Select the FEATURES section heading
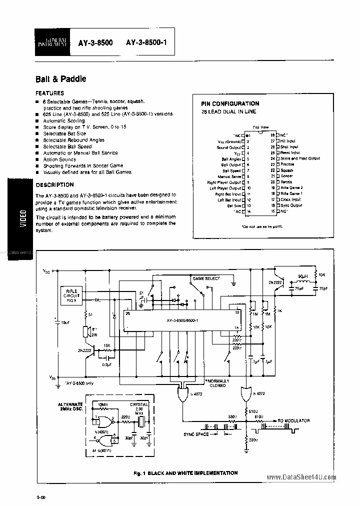[49, 93]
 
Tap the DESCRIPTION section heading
[54, 184]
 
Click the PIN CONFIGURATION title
[229, 103]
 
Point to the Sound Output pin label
[229, 147]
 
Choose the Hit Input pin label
[287, 141]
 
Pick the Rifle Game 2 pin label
[291, 187]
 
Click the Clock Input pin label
[290, 199]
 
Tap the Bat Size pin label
[234, 205]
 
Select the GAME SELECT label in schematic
[206, 278]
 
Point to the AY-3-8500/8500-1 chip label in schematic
[180, 320]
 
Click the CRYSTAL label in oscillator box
[139, 403]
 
